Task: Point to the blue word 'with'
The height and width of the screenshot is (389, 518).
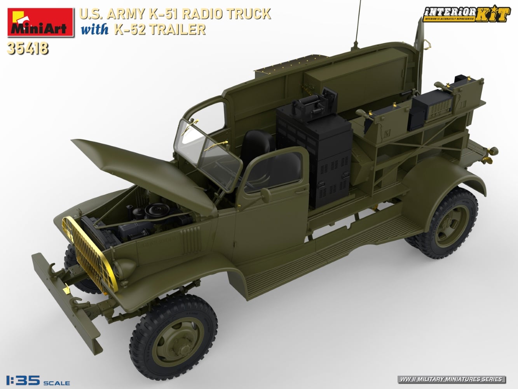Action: (94, 30)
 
